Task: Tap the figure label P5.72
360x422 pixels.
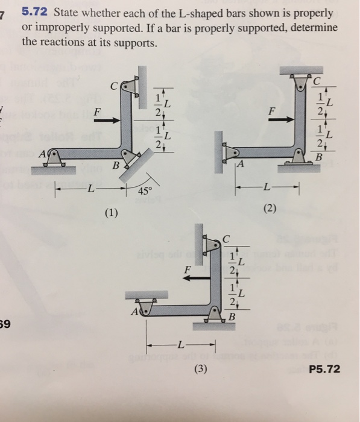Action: [x=324, y=369]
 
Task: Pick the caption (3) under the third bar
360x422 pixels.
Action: [x=197, y=370]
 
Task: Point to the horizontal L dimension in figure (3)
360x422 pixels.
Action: [x=181, y=345]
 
